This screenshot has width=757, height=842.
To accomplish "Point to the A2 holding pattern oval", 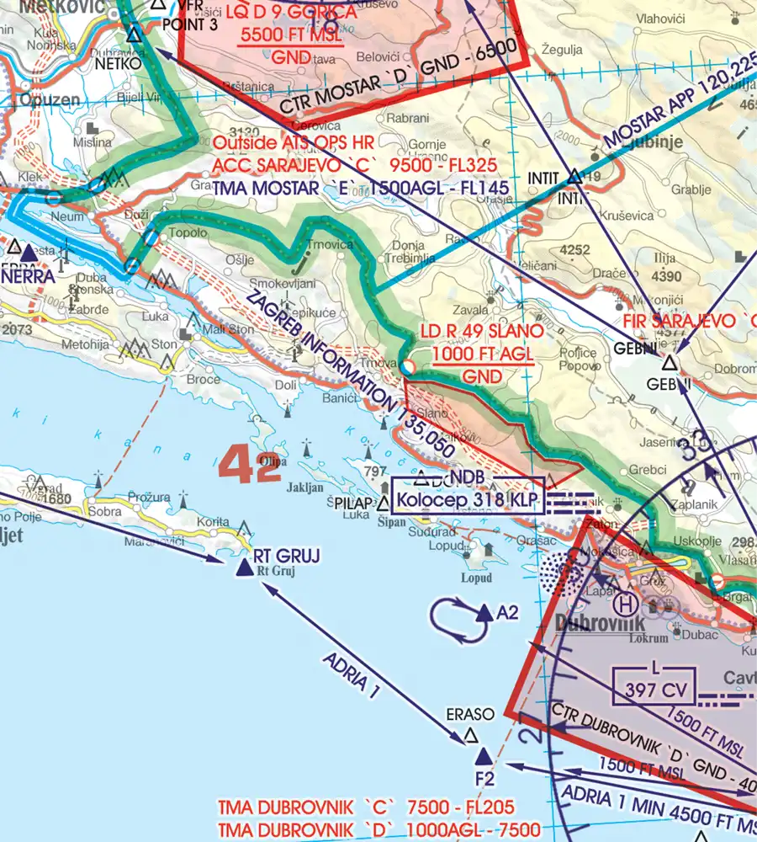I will click(454, 616).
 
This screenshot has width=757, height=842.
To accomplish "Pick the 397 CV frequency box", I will click(654, 685).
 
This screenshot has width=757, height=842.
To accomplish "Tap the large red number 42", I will click(250, 466).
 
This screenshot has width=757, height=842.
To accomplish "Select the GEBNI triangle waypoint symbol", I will click(669, 364).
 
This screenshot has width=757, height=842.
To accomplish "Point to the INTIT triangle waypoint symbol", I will click(575, 176).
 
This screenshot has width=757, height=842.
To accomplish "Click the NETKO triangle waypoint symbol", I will click(133, 35).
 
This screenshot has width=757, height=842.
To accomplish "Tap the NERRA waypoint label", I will click(28, 275).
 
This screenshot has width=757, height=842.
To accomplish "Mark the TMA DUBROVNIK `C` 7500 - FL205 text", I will click(366, 807).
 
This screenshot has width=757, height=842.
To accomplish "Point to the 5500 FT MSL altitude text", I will click(291, 36).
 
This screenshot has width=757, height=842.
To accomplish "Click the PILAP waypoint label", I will click(352, 504).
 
